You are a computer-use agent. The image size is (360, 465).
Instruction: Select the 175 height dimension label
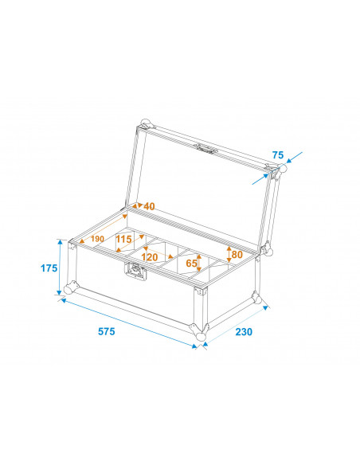point(48,268)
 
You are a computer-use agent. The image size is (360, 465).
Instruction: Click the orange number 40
point(149,206)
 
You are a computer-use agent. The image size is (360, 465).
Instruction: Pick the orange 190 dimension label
point(97,238)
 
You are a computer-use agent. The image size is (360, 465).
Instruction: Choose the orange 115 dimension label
point(123,239)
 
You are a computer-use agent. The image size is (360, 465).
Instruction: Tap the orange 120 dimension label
point(150,257)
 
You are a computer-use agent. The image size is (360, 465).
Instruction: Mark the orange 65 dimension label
point(191,262)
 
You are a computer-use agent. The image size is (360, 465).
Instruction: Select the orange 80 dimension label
point(237,256)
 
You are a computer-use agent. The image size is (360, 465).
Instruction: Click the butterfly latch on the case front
point(136,272)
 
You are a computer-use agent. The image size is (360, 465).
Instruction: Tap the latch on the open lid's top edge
point(209,149)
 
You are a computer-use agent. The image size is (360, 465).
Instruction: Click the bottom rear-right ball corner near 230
point(256,299)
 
